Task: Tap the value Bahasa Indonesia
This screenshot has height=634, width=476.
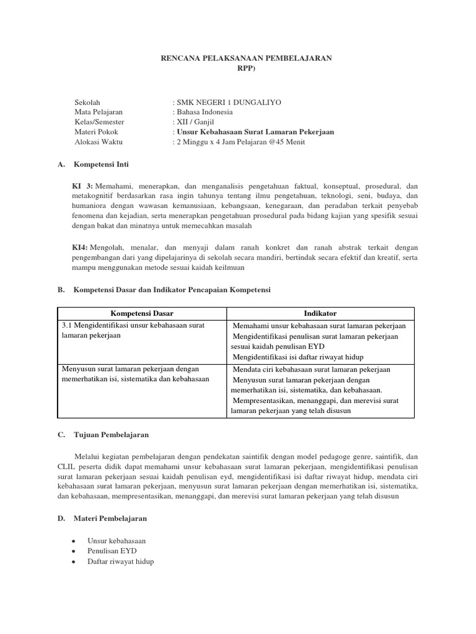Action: tap(205, 112)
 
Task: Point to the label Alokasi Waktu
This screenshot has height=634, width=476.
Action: tap(99, 142)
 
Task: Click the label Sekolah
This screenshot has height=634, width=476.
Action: tap(87, 102)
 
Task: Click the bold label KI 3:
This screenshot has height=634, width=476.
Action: tap(82, 186)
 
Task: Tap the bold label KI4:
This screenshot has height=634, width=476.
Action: tap(80, 247)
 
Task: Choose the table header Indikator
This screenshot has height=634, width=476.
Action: tap(320, 313)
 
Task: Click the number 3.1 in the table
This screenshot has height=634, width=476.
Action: tap(68, 325)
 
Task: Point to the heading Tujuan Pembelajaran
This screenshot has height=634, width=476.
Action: tap(111, 435)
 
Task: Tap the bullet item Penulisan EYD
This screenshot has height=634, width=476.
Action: tap(112, 550)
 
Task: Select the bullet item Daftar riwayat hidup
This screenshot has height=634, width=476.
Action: tap(121, 561)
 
